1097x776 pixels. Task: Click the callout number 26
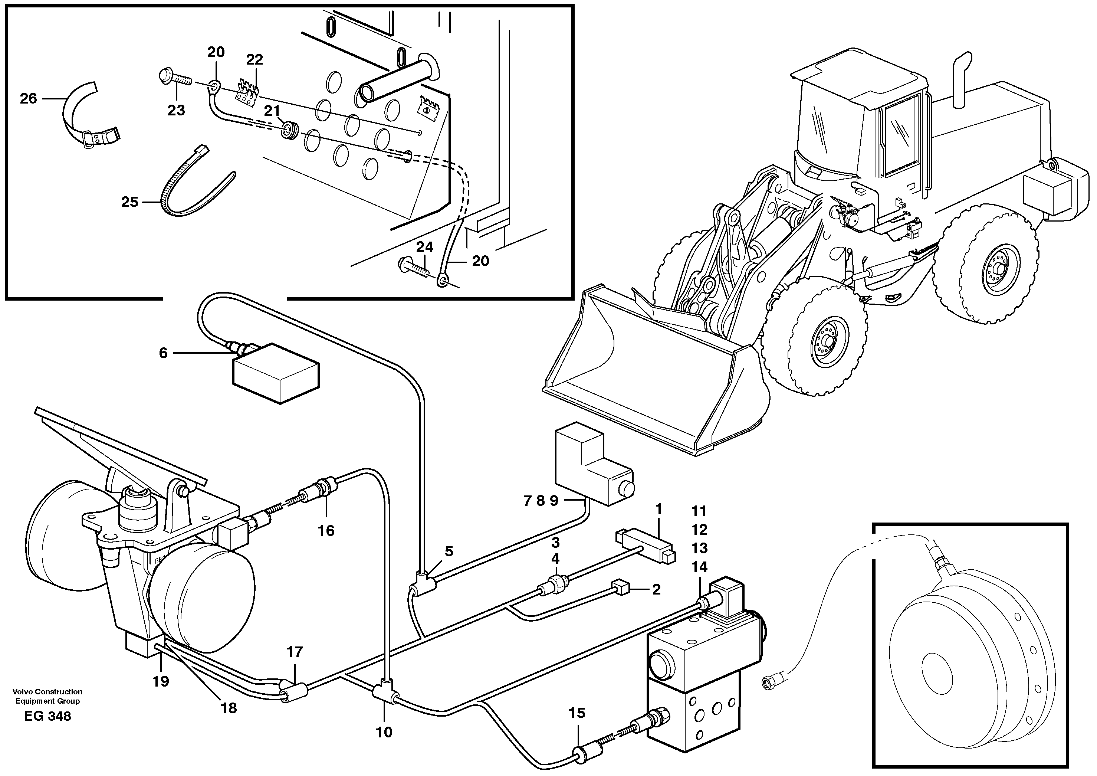point(28,98)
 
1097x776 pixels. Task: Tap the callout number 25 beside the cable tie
point(129,202)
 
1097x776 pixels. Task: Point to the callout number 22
point(254,60)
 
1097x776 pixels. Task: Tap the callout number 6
point(163,353)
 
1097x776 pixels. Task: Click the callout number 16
point(326,530)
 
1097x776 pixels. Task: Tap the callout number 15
point(577,713)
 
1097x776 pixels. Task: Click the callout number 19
point(161,681)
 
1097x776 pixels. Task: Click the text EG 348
point(48,716)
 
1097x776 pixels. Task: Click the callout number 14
point(699,567)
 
